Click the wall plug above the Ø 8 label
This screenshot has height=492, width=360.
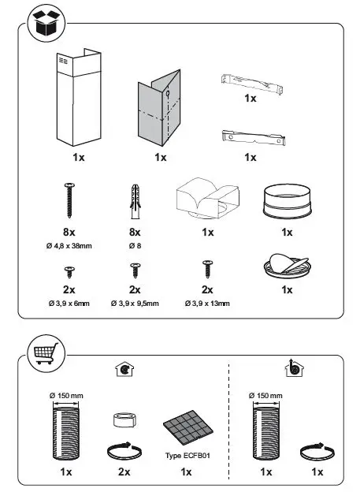click(x=135, y=203)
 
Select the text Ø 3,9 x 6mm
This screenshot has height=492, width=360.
click(x=69, y=303)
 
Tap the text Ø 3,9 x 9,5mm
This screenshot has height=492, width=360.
click(x=135, y=303)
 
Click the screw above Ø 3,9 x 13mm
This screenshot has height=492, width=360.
click(x=208, y=270)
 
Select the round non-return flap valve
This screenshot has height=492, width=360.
click(x=288, y=267)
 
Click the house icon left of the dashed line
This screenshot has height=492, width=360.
click(x=122, y=368)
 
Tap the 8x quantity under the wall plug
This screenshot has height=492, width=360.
click(x=135, y=233)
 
